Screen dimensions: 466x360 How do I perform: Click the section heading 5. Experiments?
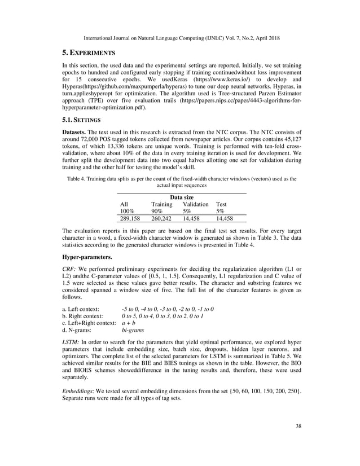[x=89, y=52]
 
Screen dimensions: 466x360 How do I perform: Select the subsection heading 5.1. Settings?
[x=81, y=120]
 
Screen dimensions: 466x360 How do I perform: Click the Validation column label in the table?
[x=196, y=204]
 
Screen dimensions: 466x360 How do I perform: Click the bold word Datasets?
[x=77, y=131]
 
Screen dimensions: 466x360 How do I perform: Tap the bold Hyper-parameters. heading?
[x=87, y=257]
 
